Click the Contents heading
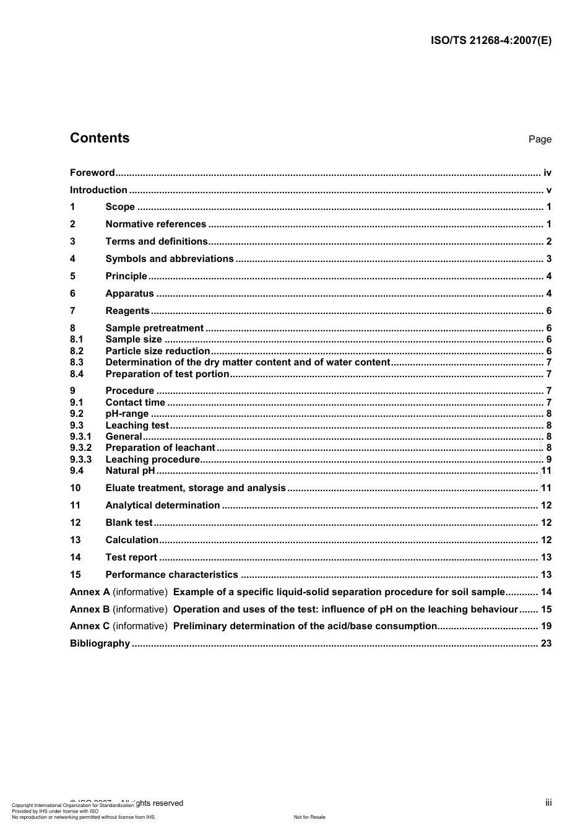[100, 138]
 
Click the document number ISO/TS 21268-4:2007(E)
[491, 41]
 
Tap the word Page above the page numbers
[540, 139]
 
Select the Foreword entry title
[92, 173]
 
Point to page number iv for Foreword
[547, 173]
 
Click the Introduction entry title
[98, 190]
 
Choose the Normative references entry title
[155, 224]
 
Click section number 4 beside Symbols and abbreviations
[72, 259]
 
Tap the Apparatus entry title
[129, 294]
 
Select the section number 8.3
[77, 362]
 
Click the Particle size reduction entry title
[158, 351]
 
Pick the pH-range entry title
[127, 414]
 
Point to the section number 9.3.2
[80, 448]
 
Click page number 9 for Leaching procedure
[548, 460]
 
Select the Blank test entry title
[129, 523]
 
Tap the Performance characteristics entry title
[171, 575]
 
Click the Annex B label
[90, 609]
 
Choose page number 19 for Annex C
[546, 626]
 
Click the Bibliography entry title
[100, 643]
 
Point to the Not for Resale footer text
[309, 817]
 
